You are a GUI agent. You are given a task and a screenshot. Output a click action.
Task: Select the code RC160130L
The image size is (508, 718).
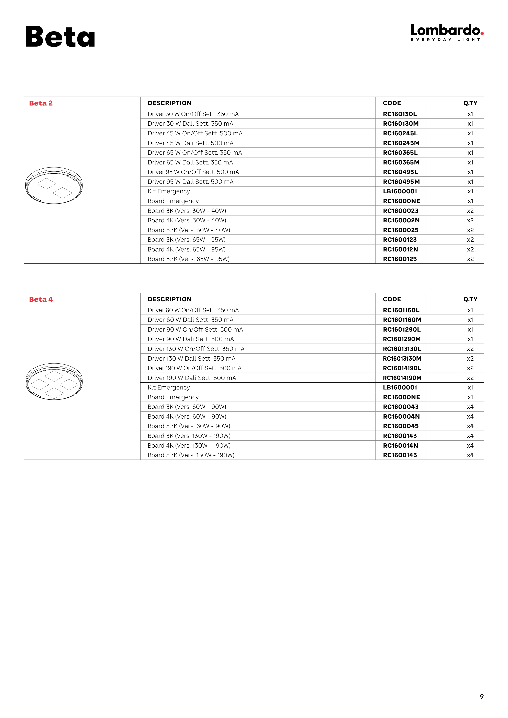tap(400, 114)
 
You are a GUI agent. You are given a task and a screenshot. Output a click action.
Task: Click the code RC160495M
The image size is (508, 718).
tap(401, 182)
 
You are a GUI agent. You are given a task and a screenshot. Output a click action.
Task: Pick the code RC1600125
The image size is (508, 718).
tap(400, 259)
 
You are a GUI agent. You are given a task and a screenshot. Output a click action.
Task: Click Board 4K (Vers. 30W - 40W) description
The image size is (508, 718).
tap(187, 221)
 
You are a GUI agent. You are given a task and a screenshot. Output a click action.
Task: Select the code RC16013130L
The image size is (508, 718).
tap(402, 349)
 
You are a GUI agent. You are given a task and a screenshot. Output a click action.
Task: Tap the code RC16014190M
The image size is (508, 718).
tap(402, 378)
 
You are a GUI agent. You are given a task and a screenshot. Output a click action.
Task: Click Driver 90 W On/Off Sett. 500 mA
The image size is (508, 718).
tap(195, 330)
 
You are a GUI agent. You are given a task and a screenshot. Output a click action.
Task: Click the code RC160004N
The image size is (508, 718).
tap(401, 417)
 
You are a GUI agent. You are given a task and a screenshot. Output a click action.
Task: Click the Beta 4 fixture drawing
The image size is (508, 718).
tap(54, 382)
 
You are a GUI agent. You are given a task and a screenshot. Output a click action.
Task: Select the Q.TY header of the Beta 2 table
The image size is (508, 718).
tap(470, 103)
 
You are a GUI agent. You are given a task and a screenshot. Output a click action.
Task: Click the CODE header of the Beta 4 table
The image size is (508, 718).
tap(392, 299)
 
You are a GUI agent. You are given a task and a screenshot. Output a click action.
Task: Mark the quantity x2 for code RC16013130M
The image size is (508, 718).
tap(470, 359)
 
